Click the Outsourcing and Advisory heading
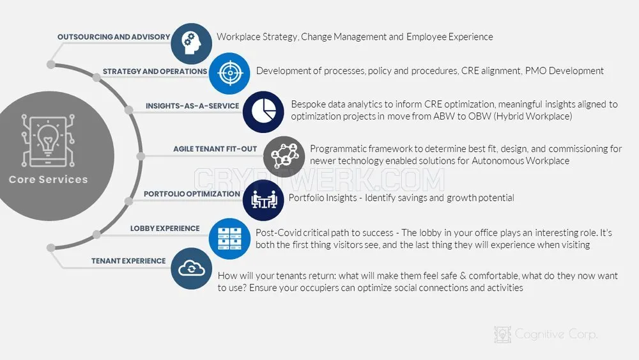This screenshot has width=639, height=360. click(114, 36)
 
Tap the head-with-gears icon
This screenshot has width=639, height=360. click(192, 43)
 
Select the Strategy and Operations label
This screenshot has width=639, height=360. click(155, 72)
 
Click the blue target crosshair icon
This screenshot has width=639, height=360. click(229, 74)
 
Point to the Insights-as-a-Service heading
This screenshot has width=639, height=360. click(192, 106)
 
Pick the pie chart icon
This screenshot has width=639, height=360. click(263, 112)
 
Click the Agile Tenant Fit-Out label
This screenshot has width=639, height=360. click(215, 149)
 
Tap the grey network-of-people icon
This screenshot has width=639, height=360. click(284, 157)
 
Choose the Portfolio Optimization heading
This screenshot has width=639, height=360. click(192, 194)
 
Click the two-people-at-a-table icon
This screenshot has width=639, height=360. click(263, 200)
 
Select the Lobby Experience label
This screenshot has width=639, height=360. click(165, 228)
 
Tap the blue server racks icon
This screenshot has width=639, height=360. click(229, 239)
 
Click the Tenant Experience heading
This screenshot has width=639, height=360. click(128, 261)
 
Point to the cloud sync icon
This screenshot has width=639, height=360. click(192, 269)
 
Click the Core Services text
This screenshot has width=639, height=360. click(48, 180)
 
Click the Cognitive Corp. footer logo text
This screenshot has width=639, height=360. click(556, 334)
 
